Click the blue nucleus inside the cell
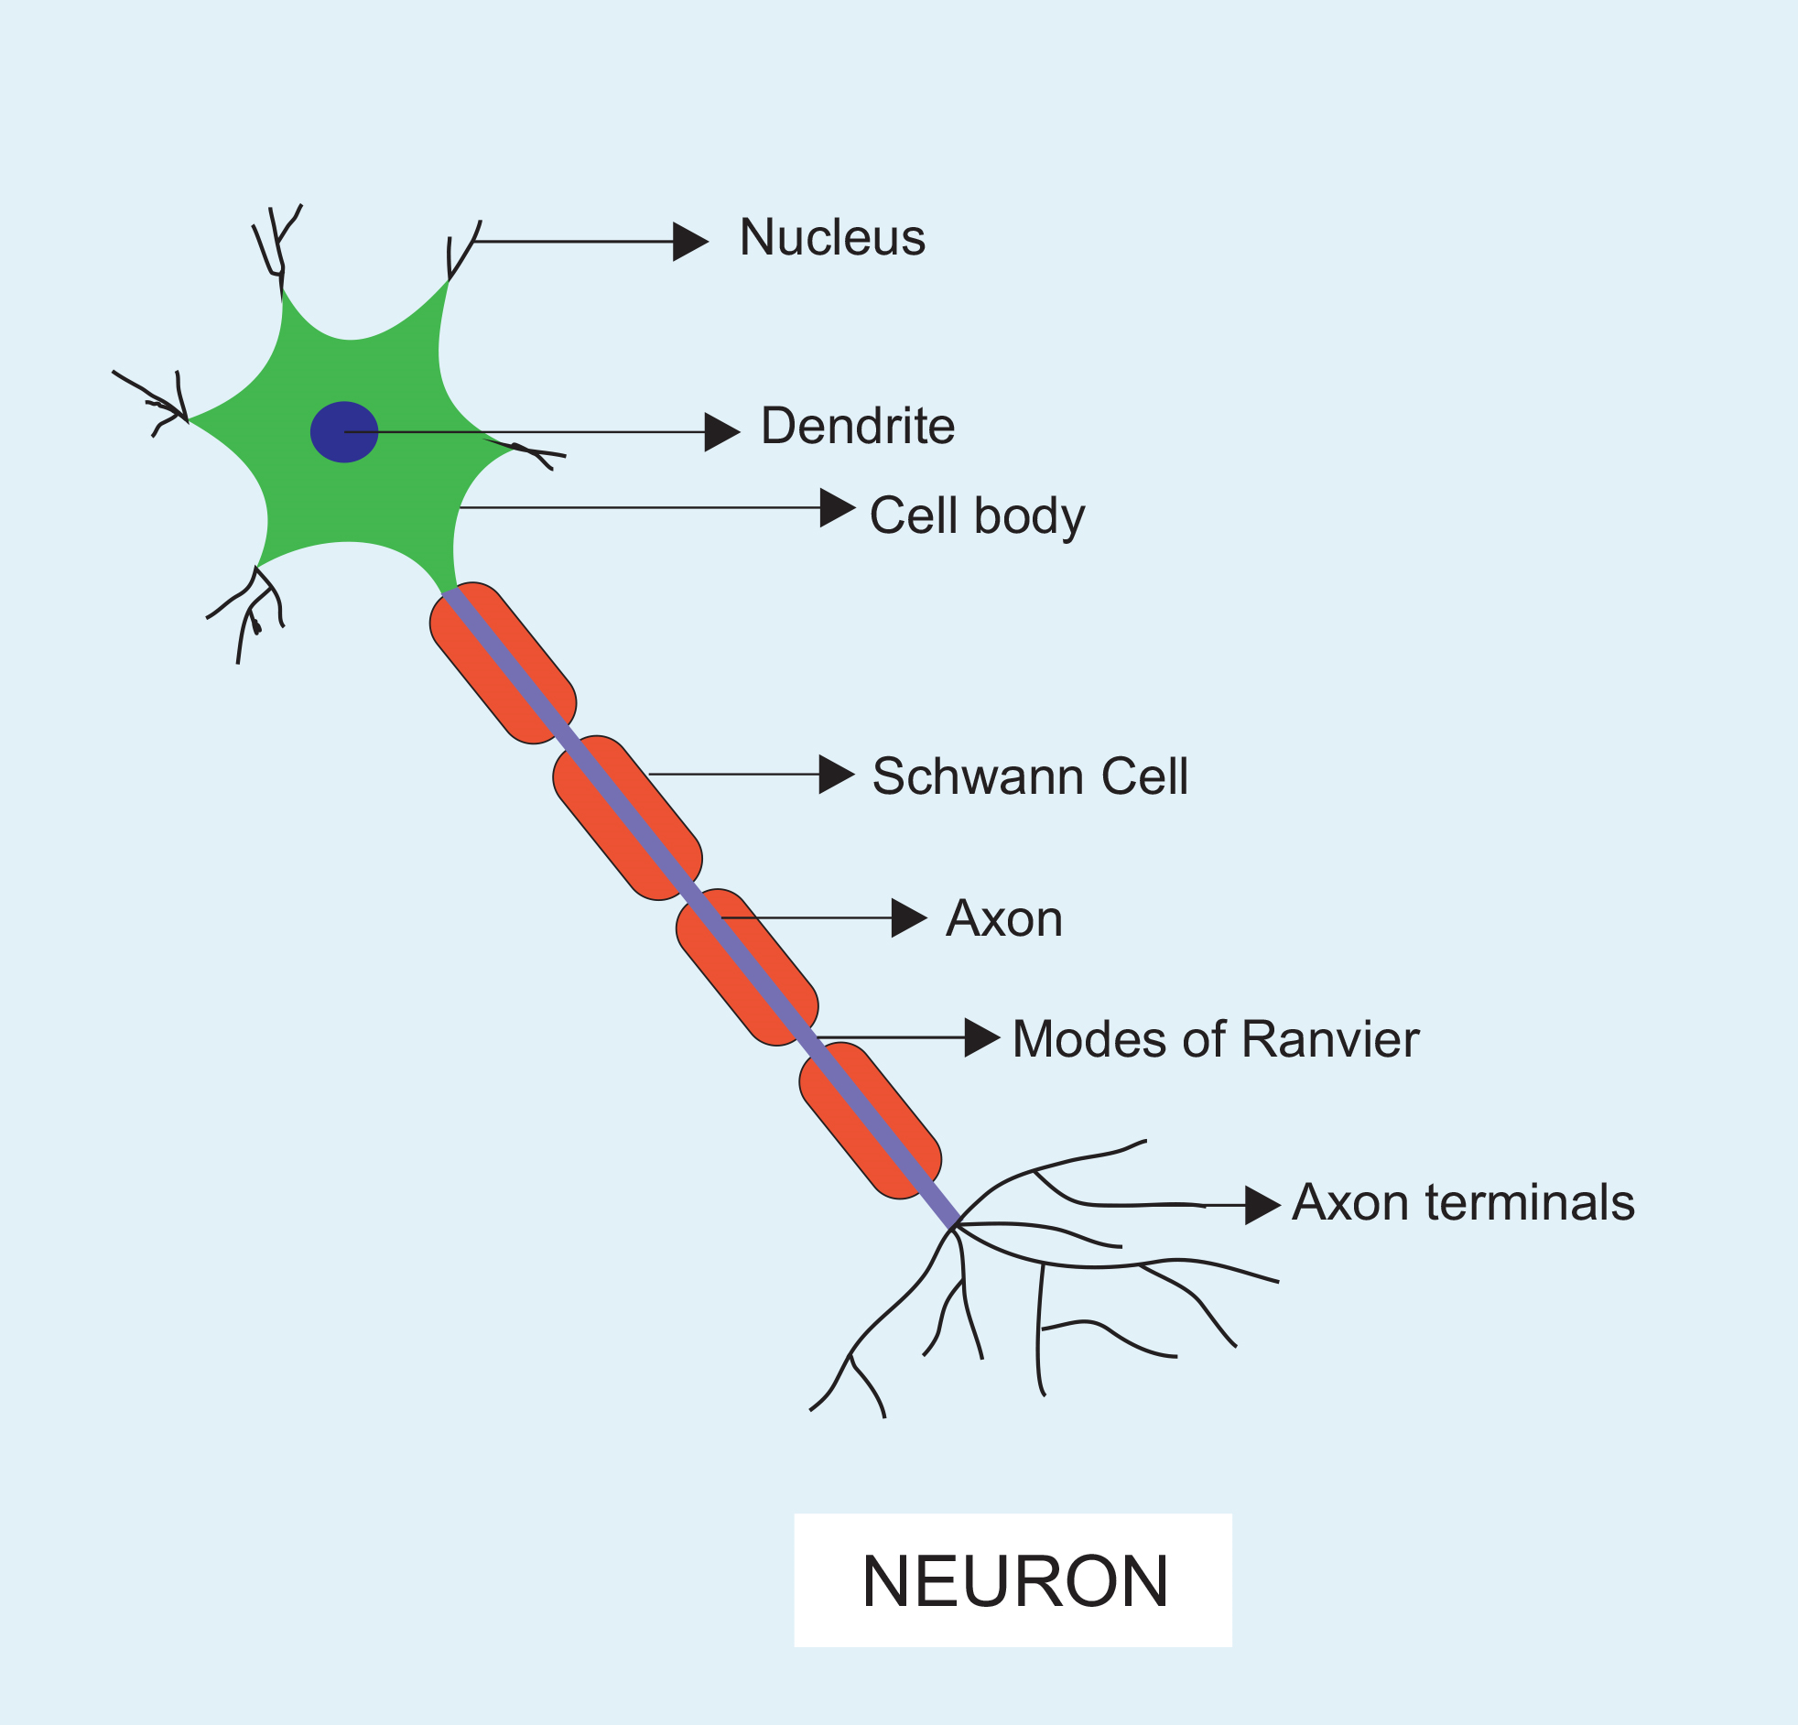click(344, 431)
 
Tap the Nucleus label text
click(832, 238)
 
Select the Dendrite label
click(858, 427)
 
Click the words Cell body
click(976, 515)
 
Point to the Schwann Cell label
click(1029, 776)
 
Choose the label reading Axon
click(1004, 918)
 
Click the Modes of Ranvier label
click(1216, 1039)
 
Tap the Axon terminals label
click(1463, 1202)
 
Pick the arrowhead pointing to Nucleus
click(689, 242)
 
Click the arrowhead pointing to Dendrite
click(721, 431)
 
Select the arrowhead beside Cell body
click(837, 507)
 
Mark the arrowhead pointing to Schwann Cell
click(836, 775)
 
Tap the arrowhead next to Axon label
click(908, 917)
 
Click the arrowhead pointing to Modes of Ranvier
click(981, 1037)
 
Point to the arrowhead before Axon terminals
click(1262, 1205)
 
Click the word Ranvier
click(1331, 1039)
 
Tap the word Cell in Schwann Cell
click(1144, 776)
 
